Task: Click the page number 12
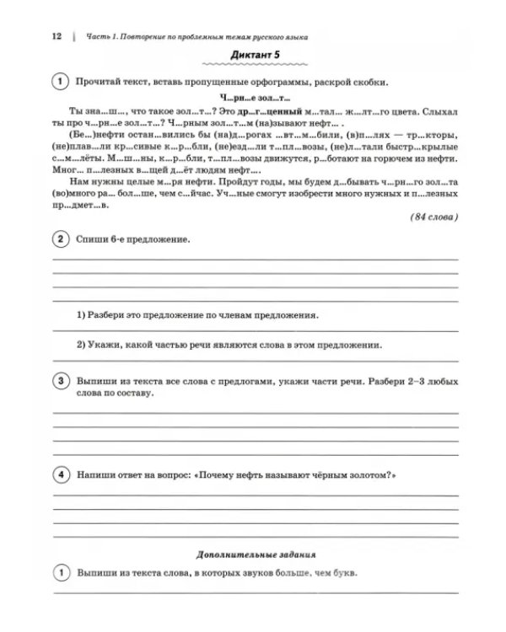tap(57, 36)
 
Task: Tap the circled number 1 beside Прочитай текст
tap(62, 82)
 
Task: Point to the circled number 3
tap(62, 382)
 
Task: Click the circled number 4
tap(62, 476)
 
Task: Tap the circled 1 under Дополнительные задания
tap(62, 574)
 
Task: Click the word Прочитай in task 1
tap(98, 82)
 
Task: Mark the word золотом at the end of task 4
tap(369, 476)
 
